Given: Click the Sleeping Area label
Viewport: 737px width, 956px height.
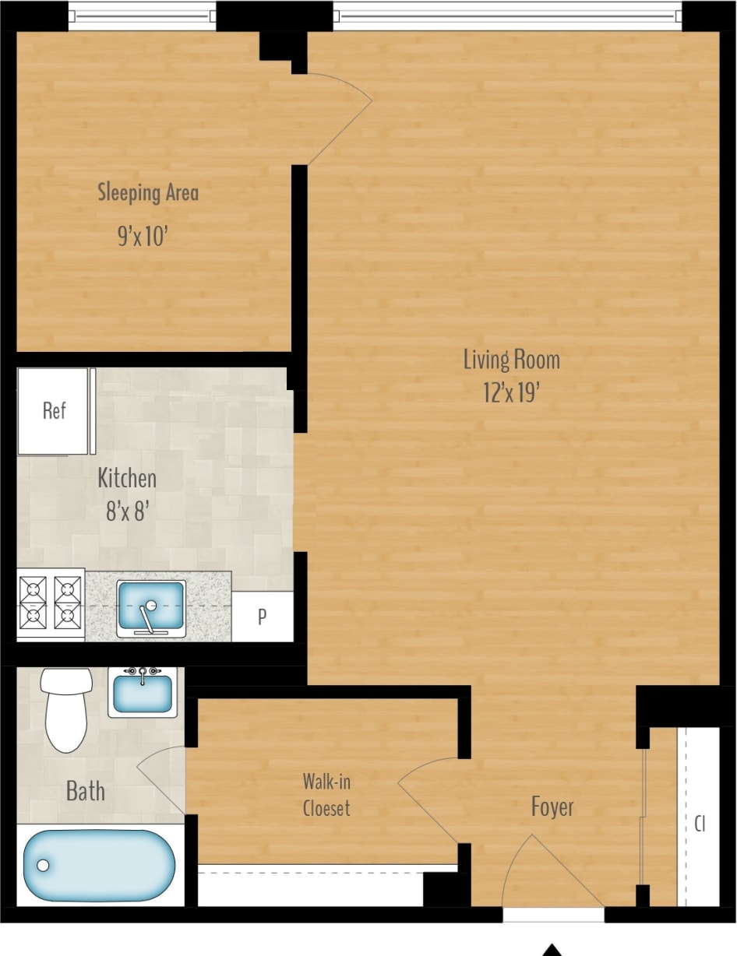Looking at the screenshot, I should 148,192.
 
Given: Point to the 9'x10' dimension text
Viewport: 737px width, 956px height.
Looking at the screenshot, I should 143,236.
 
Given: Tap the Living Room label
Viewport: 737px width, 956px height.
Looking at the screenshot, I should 511,360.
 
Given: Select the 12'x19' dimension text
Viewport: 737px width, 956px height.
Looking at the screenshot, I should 511,392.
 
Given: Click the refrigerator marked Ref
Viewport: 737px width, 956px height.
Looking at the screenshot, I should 54,411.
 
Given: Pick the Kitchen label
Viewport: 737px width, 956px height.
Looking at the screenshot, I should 127,478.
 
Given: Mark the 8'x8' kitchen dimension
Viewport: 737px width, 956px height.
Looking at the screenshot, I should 127,511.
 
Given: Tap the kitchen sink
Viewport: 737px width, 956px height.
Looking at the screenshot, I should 151,606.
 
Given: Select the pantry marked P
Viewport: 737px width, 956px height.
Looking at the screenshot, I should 263,617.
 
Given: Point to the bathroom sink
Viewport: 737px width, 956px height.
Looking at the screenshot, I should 143,692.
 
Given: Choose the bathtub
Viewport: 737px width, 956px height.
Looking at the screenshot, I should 99,865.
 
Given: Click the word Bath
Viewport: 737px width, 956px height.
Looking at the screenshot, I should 86,792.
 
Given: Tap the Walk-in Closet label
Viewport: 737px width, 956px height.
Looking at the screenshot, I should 326,795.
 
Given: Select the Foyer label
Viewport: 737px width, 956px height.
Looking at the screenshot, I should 552,807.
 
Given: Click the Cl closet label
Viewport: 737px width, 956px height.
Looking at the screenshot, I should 700,824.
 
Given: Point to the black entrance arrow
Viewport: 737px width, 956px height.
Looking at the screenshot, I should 552,950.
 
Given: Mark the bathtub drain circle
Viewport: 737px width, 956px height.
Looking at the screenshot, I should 43,865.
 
